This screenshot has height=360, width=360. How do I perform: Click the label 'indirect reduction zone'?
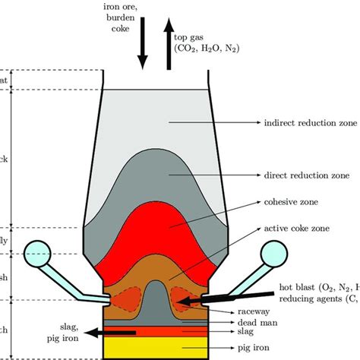pos(311,122)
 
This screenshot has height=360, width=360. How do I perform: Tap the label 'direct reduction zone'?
pos(307,174)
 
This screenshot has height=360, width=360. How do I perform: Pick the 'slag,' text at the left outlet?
pos(61,325)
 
